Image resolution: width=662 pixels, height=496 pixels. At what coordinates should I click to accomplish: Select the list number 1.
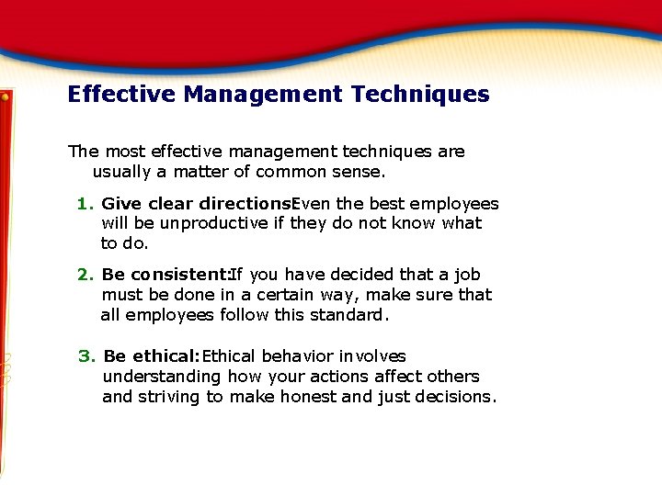84,204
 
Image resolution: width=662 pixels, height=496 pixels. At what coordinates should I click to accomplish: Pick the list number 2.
84,275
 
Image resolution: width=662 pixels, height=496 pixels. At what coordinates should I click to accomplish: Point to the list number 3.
85,356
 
